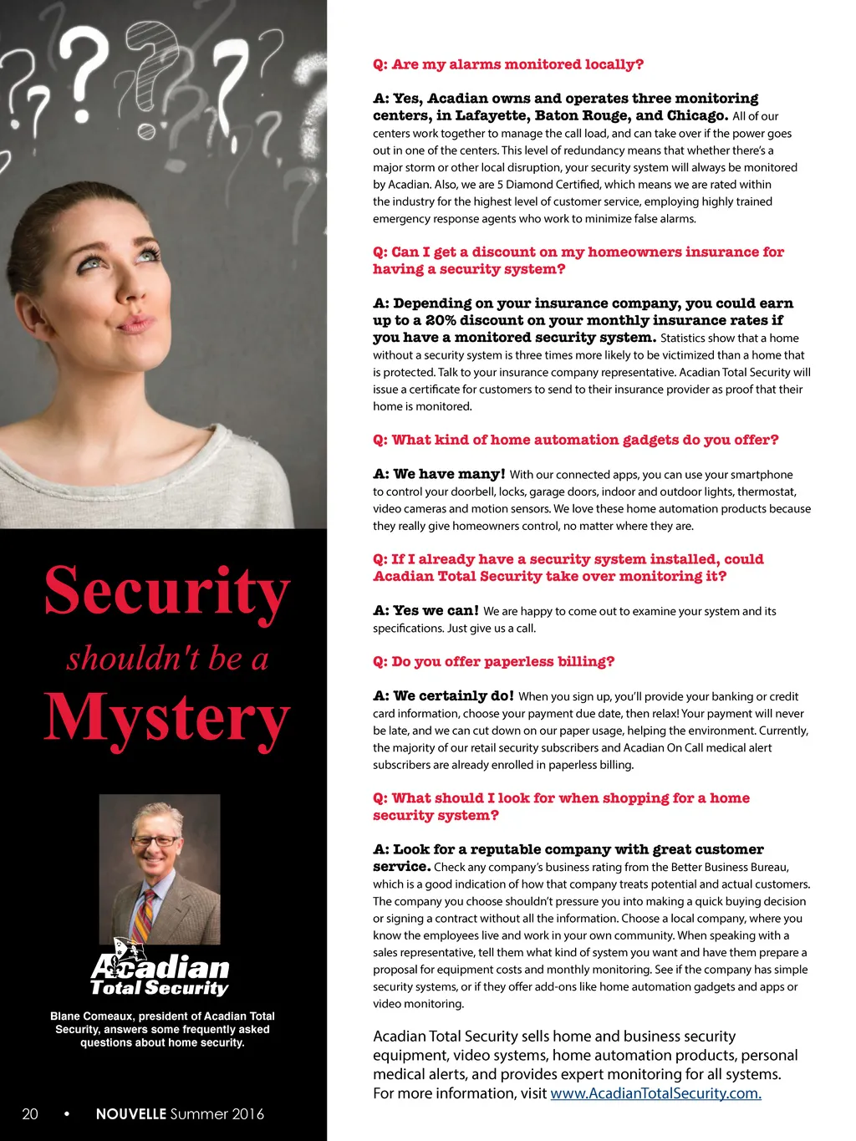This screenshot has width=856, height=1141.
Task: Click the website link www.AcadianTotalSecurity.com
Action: click(655, 1093)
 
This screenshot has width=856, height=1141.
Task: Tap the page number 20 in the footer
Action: click(30, 1114)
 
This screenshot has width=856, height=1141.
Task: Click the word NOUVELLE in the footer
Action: click(130, 1114)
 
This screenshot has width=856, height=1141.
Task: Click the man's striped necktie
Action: click(145, 913)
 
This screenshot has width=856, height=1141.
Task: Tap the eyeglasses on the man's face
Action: click(155, 841)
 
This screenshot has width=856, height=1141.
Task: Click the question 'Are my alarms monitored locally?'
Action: click(508, 64)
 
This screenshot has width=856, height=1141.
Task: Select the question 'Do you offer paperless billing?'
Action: click(494, 661)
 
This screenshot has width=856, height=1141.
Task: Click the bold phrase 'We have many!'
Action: click(440, 474)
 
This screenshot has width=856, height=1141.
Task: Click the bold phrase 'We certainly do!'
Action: click(444, 695)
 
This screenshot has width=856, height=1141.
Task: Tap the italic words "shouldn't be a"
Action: click(167, 659)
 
